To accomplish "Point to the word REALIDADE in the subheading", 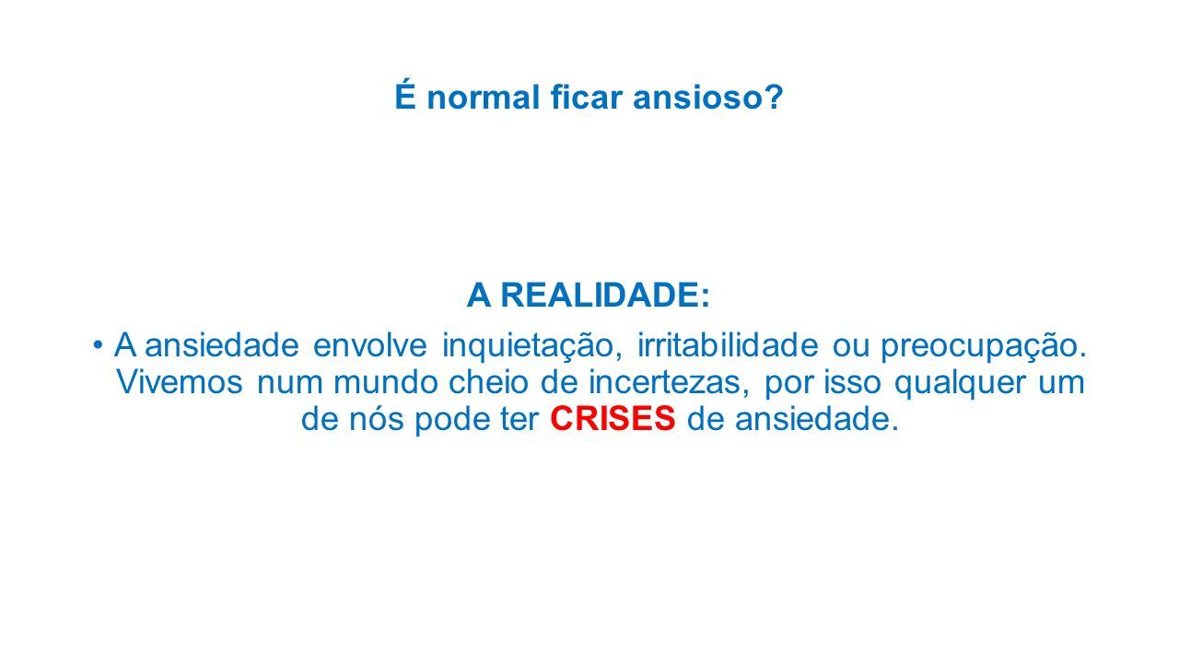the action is (600, 295).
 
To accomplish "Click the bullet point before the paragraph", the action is (98, 345).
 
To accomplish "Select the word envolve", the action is (369, 345).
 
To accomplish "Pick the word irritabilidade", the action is (728, 345).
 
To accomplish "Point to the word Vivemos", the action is (180, 382).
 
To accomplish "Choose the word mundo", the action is (386, 382).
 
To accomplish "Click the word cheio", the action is (488, 382).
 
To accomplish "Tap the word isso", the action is (853, 382).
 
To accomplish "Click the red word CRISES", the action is (613, 419).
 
